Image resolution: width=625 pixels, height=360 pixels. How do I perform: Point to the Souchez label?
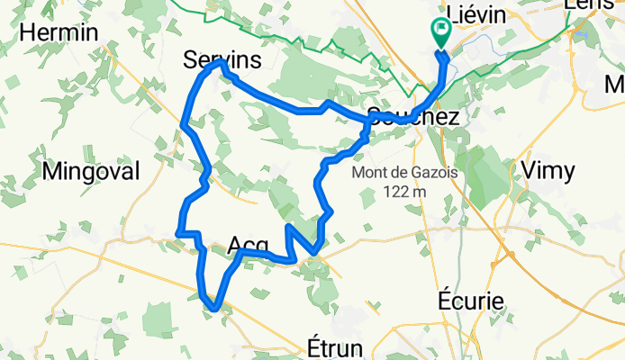pos(414,118)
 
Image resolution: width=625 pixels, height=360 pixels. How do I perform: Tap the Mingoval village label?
pos(96,171)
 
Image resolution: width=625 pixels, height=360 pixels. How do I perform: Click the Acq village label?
pos(249,245)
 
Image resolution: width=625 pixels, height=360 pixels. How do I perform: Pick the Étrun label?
pos(332,349)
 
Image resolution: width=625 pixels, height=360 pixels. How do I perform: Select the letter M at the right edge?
pos(615,85)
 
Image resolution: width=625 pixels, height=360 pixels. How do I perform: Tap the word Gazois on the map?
pos(431,172)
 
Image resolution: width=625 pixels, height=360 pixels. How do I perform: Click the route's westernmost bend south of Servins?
pos(184,122)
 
